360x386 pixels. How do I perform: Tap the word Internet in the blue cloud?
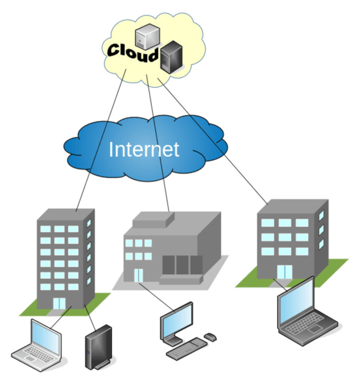[144, 149]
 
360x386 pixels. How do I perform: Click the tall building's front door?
[60, 303]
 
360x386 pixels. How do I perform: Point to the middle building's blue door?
[138, 275]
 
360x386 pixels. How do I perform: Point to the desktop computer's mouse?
[210, 337]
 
